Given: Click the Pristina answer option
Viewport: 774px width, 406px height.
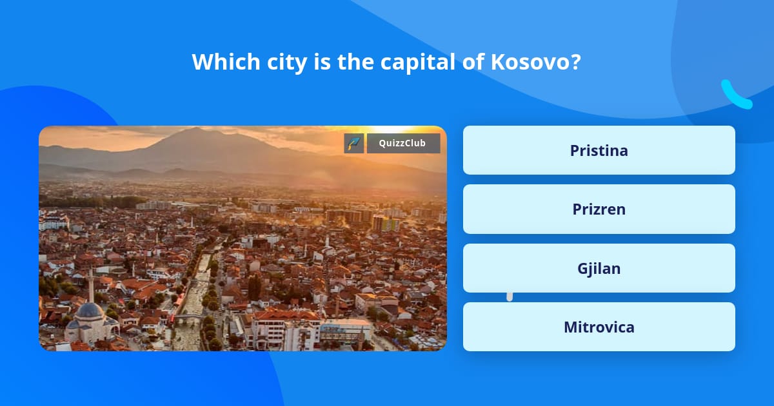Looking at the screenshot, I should coord(599,150).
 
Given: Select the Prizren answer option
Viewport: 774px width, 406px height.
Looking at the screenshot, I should coord(599,209).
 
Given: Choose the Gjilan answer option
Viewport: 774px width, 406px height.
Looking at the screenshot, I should coord(599,268).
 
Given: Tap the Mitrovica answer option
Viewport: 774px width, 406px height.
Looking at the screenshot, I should coord(599,327).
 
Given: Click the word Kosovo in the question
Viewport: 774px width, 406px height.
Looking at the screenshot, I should coord(530,62).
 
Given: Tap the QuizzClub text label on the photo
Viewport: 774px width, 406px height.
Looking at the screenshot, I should coord(403,143).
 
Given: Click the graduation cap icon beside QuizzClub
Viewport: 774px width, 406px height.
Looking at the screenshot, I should coord(354,143).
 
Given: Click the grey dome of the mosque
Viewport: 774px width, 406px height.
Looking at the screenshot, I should coord(90,311).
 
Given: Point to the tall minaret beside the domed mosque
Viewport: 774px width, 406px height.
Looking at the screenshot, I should coord(91,284).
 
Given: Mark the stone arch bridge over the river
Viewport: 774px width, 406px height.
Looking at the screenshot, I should coord(190,316).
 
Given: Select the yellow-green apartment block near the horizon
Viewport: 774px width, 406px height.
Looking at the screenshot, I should coord(386,223).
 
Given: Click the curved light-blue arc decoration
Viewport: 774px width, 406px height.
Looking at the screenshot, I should coord(735,95).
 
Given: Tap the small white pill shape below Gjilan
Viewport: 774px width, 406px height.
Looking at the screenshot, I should coord(510,296).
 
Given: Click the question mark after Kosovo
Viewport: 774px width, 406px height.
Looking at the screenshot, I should coord(575,62).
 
